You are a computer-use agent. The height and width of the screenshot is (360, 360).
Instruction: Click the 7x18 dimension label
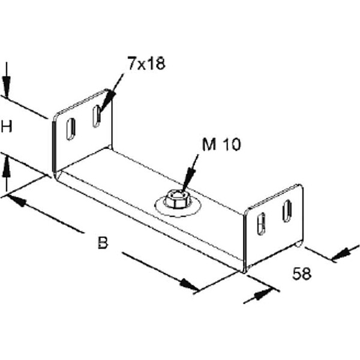(x=145, y=64)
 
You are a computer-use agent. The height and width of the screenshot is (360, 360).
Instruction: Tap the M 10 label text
(x=221, y=145)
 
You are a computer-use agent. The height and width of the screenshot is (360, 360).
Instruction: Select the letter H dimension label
(x=7, y=126)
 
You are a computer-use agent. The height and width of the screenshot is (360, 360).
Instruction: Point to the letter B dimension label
(x=103, y=243)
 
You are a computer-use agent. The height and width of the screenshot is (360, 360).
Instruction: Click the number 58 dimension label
(x=302, y=274)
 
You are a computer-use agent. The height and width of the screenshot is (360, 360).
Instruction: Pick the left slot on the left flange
(x=70, y=129)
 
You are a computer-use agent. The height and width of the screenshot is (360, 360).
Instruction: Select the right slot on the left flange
(x=96, y=116)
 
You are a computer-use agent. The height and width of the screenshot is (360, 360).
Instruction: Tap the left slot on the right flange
(x=261, y=223)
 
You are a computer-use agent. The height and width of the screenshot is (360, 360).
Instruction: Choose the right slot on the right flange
(x=287, y=210)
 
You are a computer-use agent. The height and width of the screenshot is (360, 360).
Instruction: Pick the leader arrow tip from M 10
(x=183, y=189)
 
